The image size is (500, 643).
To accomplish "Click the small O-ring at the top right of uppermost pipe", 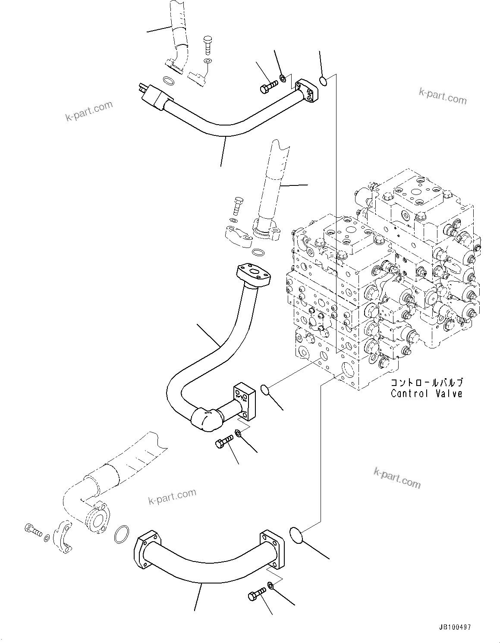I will point(323,80).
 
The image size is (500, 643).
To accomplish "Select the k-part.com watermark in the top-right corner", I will point(442,96).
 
